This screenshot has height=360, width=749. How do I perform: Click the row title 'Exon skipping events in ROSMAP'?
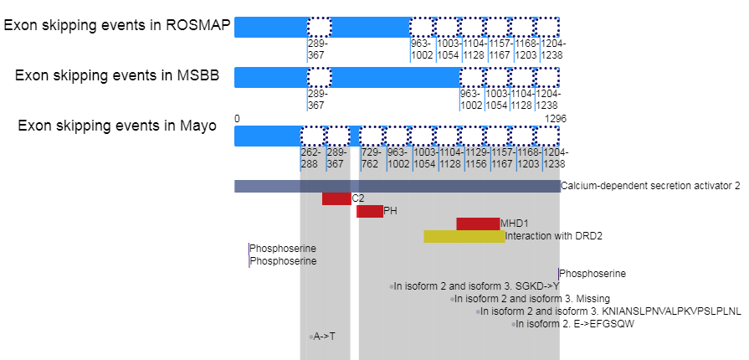[x=116, y=24]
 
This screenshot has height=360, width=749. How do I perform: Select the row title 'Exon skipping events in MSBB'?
[x=117, y=75]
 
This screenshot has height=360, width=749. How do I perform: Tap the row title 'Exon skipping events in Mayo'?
[x=117, y=126]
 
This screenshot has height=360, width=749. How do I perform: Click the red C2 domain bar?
[x=336, y=198]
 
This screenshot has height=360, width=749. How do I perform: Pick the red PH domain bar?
[x=370, y=212]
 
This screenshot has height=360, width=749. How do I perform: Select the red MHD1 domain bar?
[x=477, y=224]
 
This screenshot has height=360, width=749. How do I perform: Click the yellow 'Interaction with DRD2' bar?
[x=464, y=236]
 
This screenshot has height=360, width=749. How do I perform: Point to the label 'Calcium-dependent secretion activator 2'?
[x=650, y=186]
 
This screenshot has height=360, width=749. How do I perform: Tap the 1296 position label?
[x=556, y=119]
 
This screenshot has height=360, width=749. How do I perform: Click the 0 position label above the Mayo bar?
[x=237, y=119]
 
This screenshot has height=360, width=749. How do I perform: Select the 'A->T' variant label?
[x=324, y=337]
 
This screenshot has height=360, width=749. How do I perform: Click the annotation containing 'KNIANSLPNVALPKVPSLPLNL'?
[x=611, y=311]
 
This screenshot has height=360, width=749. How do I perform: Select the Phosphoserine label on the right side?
[x=593, y=274]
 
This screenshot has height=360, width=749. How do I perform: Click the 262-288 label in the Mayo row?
[x=310, y=158]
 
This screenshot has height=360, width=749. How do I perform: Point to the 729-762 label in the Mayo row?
[x=371, y=158]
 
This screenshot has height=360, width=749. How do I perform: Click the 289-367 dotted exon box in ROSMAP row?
[x=319, y=27]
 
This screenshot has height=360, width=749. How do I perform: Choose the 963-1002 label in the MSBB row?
[x=471, y=100]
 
